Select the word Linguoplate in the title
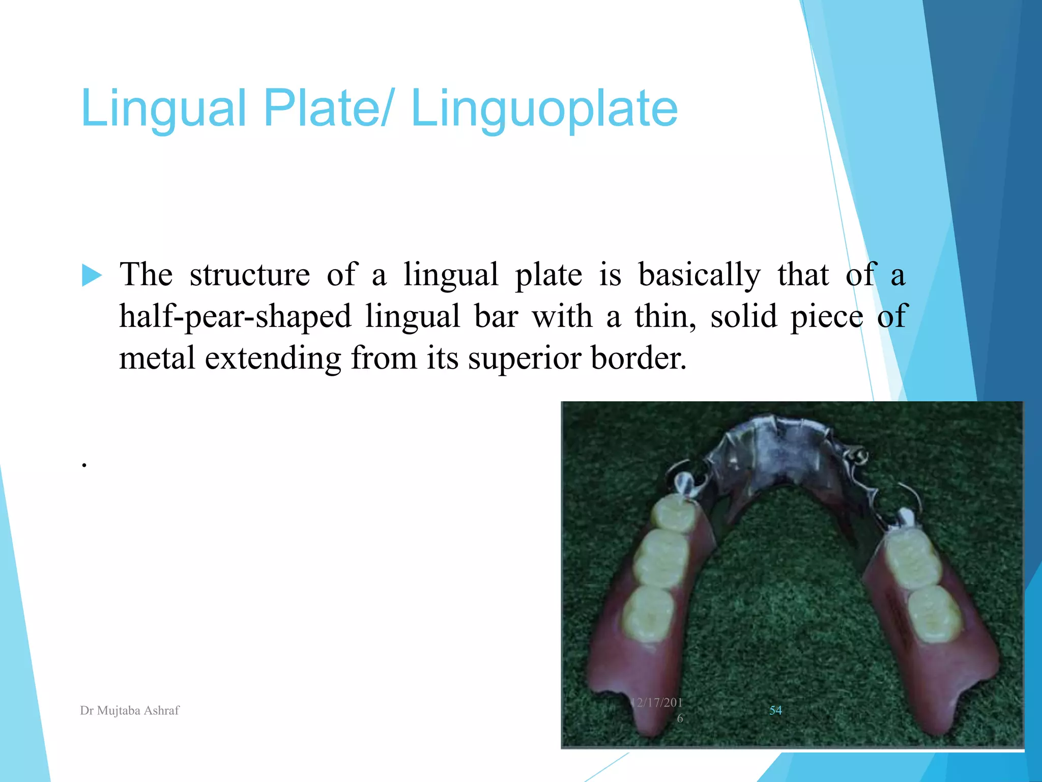click(x=544, y=108)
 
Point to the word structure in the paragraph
click(x=249, y=275)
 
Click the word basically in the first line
click(x=699, y=275)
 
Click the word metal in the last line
click(x=157, y=358)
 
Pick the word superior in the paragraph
click(x=524, y=358)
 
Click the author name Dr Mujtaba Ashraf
click(x=130, y=710)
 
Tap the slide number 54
click(x=775, y=710)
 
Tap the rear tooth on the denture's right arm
click(x=934, y=613)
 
